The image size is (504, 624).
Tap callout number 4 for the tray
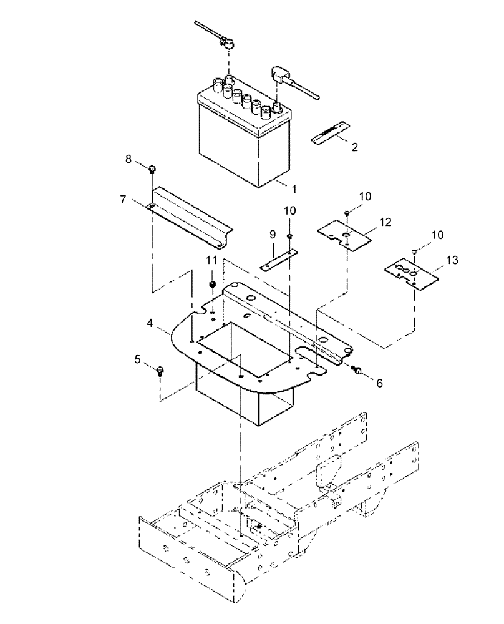(x=150, y=324)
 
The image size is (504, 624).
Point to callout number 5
(x=138, y=359)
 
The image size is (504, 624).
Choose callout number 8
(x=128, y=159)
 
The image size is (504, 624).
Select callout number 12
(x=385, y=222)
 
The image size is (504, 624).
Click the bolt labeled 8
(x=152, y=168)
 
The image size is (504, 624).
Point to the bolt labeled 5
(x=160, y=371)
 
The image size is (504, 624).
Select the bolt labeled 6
(x=358, y=371)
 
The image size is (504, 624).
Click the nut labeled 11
(x=212, y=286)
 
